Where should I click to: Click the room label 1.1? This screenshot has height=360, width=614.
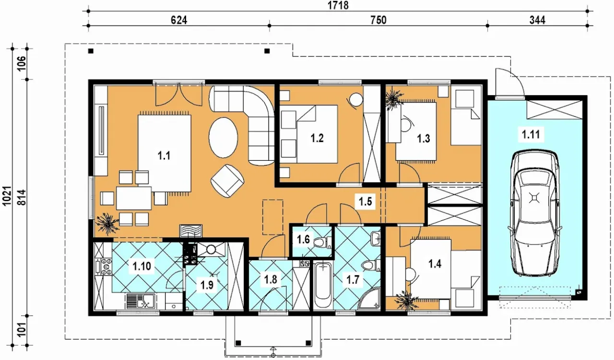coord(164,156)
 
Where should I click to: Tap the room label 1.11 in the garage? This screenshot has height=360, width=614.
coord(531,134)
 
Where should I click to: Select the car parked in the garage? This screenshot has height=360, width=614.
coord(534,213)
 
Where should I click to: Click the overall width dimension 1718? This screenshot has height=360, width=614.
coord(338,5)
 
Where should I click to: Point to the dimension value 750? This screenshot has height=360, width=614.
coord(378,20)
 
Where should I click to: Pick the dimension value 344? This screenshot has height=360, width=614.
coord(537,20)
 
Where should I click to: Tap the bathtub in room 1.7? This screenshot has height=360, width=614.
coord(323,286)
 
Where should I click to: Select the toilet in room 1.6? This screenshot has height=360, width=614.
coord(321,242)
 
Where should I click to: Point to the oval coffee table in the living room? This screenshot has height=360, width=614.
coord(223,137)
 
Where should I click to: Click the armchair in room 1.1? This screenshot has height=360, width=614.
coord(227,181)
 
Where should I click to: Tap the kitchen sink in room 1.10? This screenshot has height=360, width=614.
coord(141,301)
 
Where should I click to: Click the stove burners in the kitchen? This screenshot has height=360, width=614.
coord(106,266)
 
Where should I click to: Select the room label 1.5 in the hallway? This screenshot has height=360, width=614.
coord(366,202)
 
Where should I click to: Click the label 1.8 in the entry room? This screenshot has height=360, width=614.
coord(271,279)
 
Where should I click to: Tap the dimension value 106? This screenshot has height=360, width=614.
coord(22,63)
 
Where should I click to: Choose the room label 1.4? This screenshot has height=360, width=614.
coord(435,264)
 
